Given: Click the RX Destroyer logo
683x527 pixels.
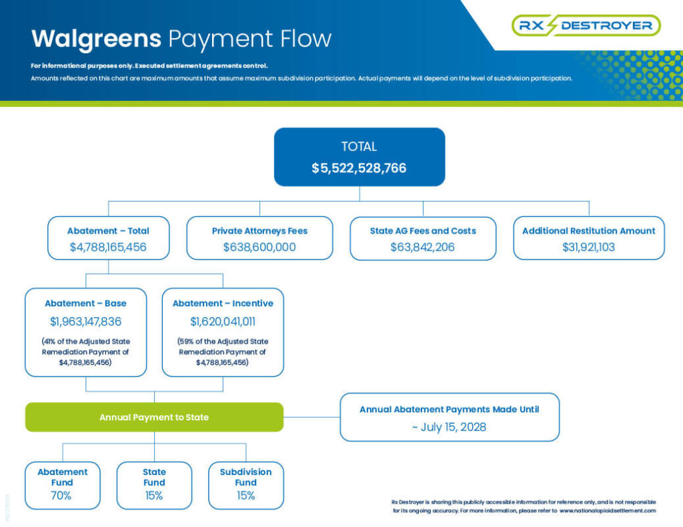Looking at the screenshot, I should coord(586,25).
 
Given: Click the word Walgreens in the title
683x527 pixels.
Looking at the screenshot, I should coord(96,38).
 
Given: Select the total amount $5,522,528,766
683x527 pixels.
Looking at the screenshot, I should coord(359,168).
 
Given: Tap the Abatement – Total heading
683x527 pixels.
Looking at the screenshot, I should coord(108,231).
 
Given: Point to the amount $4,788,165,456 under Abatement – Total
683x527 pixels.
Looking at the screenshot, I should coord(108,247).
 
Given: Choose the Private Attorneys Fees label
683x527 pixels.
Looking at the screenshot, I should coord(259,231).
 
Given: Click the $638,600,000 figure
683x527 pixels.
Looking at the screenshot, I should coord(259,247).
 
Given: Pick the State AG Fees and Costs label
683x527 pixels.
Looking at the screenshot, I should coord(423,231).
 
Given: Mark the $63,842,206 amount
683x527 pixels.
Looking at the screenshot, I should coord(423,247).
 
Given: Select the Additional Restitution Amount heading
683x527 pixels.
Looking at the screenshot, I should coord(588,231).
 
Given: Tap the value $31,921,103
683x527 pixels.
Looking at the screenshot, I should coord(588,247).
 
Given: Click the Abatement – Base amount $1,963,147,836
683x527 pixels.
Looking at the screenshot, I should coord(85,322).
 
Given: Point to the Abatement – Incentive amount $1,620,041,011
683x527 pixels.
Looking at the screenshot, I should coord(223,322).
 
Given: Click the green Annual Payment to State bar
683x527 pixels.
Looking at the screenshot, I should coord(154,417).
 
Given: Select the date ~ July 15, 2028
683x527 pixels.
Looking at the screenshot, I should coord(450,427).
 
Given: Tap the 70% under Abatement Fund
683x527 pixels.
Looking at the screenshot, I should coord(62,496).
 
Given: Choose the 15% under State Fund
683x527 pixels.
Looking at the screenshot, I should coord(154,496).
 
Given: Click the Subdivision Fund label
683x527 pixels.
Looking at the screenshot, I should coord(245,477).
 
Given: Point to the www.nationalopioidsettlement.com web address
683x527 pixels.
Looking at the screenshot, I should coord(608,510).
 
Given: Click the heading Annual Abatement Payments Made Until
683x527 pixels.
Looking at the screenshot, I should coord(450,410).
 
